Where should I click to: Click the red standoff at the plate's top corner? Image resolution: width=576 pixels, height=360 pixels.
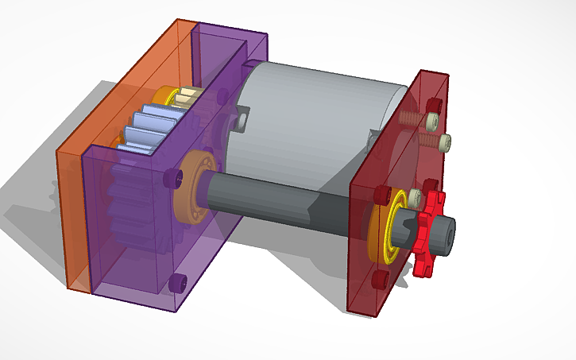click(432, 104)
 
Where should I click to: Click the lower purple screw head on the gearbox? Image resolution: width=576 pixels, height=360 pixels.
click(177, 280)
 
